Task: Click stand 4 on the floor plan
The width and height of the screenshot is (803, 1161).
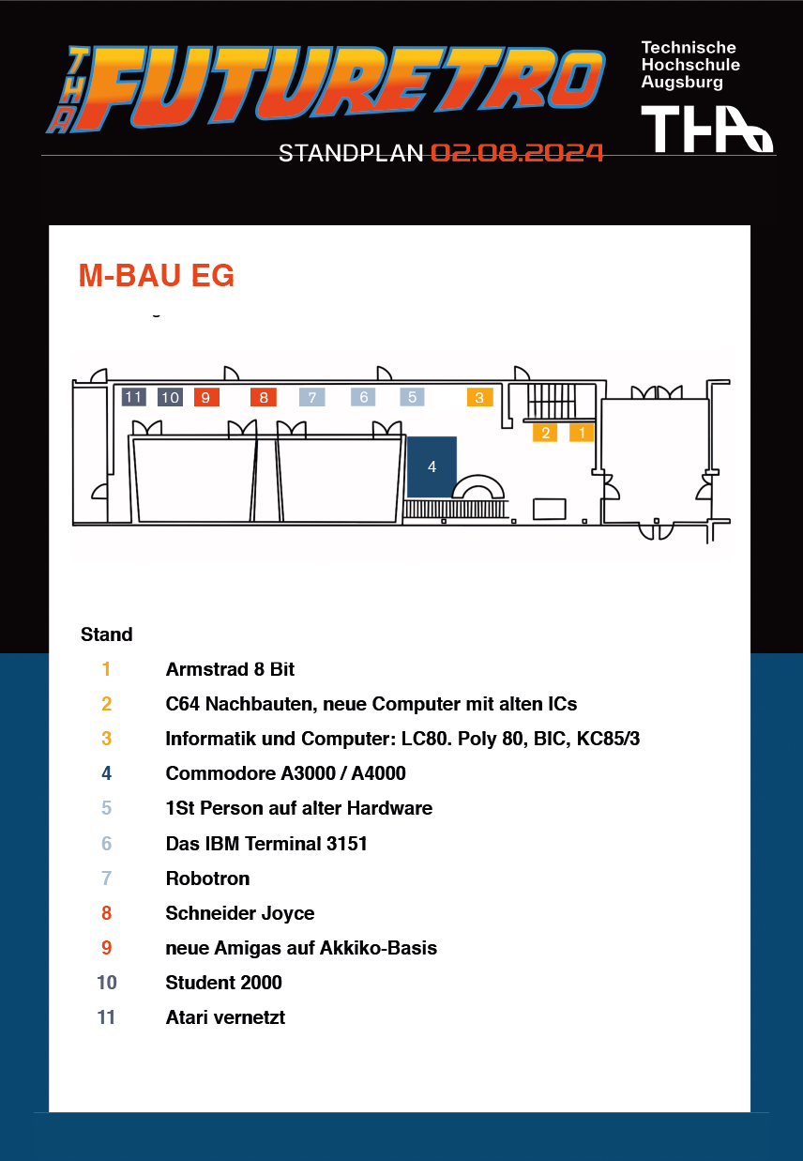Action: click(432, 466)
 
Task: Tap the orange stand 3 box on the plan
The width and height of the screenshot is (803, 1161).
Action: click(479, 397)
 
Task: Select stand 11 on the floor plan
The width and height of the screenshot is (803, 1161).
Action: click(133, 397)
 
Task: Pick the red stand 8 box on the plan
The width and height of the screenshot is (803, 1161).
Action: click(264, 397)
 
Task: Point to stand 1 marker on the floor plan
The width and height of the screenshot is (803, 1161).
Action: click(582, 433)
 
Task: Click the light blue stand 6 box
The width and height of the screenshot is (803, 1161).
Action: click(364, 397)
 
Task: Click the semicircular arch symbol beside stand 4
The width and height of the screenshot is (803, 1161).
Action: click(479, 486)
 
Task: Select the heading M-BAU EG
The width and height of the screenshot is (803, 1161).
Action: click(157, 276)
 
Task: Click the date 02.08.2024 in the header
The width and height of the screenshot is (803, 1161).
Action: click(517, 153)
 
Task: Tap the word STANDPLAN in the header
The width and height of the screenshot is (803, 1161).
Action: click(352, 153)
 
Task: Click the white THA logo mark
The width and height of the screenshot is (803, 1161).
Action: click(705, 129)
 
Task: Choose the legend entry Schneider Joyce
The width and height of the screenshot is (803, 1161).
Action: click(240, 913)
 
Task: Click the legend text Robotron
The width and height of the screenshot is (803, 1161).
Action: click(207, 878)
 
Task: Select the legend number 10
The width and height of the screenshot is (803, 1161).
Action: click(106, 983)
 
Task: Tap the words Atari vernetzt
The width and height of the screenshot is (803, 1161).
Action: click(225, 1017)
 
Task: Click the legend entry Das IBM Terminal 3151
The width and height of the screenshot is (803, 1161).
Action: click(266, 844)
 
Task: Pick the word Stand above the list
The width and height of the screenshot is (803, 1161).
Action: click(107, 634)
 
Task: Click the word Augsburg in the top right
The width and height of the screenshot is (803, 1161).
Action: click(682, 83)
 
